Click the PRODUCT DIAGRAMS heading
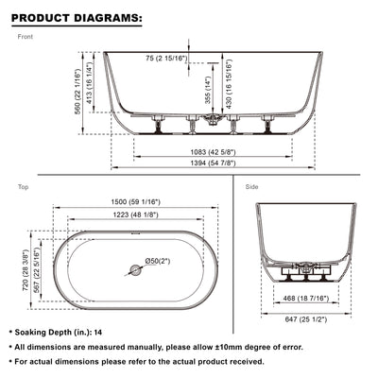(x=77, y=17)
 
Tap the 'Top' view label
(x=24, y=188)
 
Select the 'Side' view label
(x=252, y=188)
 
